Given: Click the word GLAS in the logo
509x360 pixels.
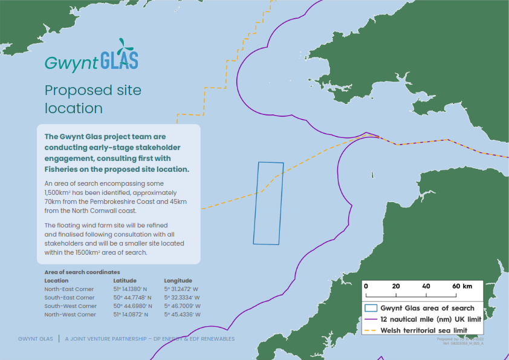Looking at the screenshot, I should click(x=120, y=60).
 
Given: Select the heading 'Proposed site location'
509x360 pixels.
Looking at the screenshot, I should click(x=93, y=99).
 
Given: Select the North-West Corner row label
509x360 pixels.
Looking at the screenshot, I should click(x=70, y=315).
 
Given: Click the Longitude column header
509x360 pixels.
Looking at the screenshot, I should click(x=178, y=281).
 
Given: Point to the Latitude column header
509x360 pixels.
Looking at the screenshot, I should click(x=125, y=281).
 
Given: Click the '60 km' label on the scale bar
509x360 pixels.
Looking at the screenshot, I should click(x=463, y=286).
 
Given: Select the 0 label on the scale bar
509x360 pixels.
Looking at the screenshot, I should click(x=366, y=286).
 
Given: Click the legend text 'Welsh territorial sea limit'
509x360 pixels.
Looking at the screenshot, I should click(x=423, y=330).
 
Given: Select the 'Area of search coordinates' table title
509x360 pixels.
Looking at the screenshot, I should click(x=82, y=272).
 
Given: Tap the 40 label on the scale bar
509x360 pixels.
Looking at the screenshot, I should click(x=426, y=286).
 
